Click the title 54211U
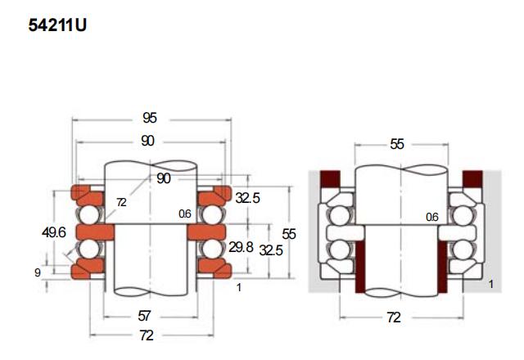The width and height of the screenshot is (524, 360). (57, 25)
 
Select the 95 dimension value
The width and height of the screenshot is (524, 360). (149, 118)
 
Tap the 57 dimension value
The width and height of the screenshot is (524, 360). (144, 316)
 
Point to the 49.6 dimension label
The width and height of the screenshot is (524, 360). (54, 232)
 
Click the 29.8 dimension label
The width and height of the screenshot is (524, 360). (241, 247)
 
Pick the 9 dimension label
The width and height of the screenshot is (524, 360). (38, 272)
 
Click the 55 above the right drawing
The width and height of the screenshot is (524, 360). (397, 144)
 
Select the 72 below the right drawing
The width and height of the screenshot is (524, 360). (394, 317)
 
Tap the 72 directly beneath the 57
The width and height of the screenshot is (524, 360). (147, 335)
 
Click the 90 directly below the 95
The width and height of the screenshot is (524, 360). (147, 141)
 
